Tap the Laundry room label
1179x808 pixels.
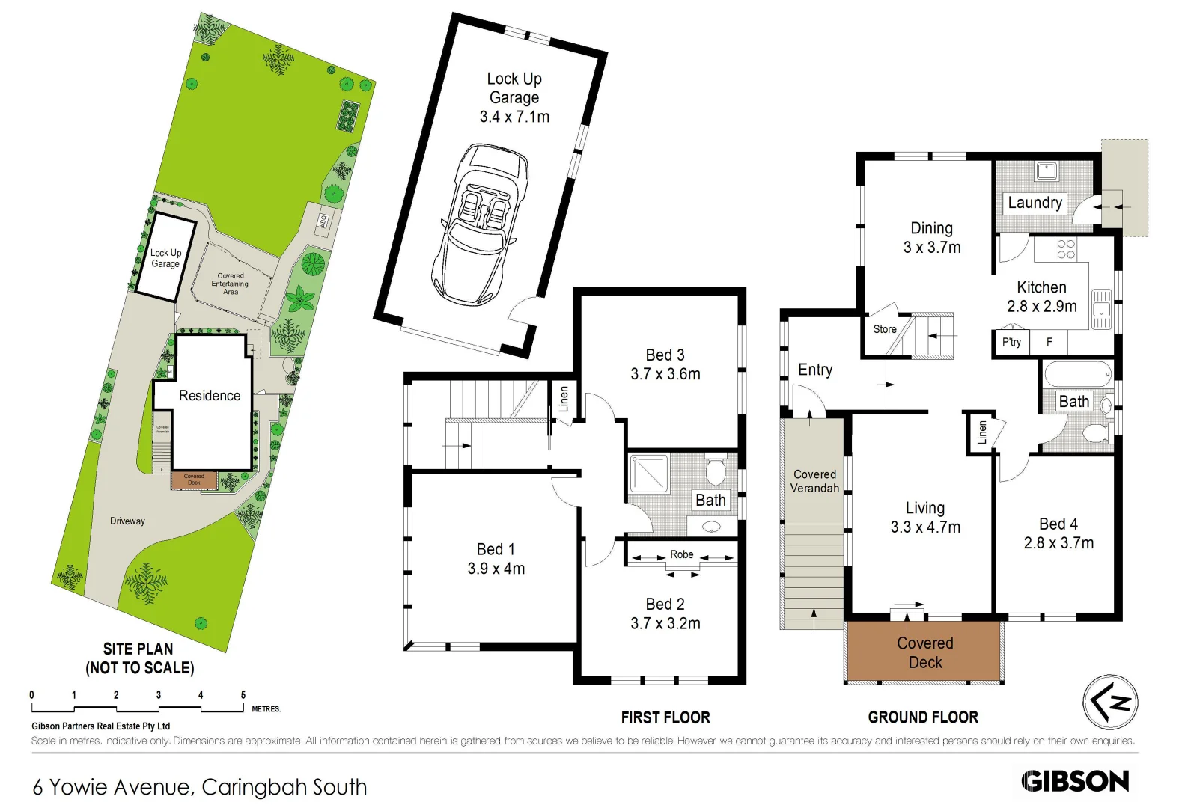(x=1035, y=203)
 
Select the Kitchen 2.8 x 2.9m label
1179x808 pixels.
(x=1041, y=297)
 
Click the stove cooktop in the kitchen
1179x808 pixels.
(x=1066, y=249)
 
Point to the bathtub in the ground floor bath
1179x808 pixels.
(x=1076, y=373)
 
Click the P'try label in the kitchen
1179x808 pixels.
(x=1011, y=342)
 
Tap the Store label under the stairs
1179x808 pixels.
(x=884, y=329)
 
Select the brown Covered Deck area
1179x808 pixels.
(x=924, y=652)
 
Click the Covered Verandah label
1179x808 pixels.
(x=814, y=481)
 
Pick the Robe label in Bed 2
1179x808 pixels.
(x=681, y=554)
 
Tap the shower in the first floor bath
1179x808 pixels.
(x=649, y=474)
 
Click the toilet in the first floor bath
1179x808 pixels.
(x=716, y=470)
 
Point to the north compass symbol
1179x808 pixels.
(x=1110, y=702)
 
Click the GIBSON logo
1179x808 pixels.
(x=1075, y=781)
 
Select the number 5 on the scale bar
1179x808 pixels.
(x=243, y=695)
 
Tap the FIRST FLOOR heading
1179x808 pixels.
(x=665, y=717)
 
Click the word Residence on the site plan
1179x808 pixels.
(x=210, y=395)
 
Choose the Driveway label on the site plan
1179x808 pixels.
(x=127, y=521)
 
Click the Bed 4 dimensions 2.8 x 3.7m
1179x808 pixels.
(x=1058, y=543)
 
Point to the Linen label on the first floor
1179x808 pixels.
(x=564, y=399)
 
